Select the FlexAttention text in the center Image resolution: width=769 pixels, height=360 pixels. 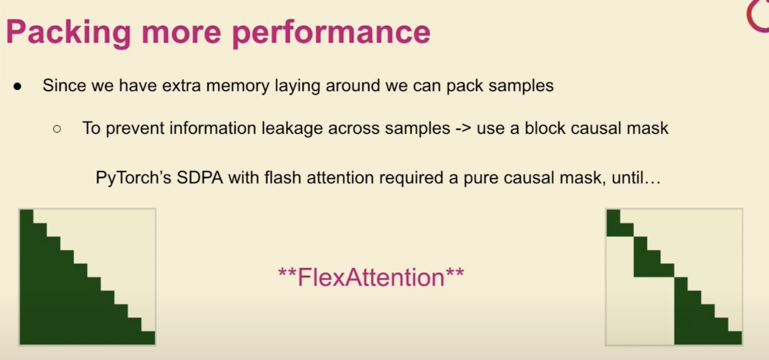[x=371, y=277]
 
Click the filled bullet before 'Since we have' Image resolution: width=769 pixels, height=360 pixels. [x=17, y=86]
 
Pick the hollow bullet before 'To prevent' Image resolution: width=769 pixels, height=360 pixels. [x=57, y=129]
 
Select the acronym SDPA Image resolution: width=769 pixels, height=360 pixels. [x=200, y=178]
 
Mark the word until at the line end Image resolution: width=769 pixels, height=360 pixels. [x=636, y=177]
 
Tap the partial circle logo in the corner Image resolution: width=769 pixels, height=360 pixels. [x=757, y=16]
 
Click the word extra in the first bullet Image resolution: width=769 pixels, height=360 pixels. [x=181, y=86]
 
